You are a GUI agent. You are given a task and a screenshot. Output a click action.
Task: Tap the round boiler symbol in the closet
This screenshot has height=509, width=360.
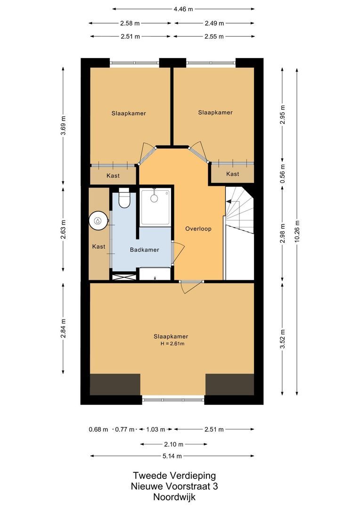pyautogui.click(x=98, y=221)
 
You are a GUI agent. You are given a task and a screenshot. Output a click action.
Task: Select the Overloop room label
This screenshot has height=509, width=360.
pyautogui.click(x=198, y=229)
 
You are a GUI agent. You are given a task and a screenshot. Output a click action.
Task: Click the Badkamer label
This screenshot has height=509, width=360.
pyautogui.click(x=145, y=250)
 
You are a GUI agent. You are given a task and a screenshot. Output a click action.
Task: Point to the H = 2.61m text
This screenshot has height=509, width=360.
pyautogui.click(x=172, y=344)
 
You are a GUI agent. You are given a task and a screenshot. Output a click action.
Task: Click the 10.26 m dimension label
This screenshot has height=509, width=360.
pyautogui.click(x=297, y=231)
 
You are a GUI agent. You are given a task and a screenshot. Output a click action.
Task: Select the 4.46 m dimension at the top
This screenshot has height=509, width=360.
pyautogui.click(x=183, y=9)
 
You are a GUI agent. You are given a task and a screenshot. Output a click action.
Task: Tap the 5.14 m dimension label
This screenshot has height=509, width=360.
pyautogui.click(x=172, y=456)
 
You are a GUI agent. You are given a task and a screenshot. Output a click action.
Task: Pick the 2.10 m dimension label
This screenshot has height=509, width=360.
pyautogui.click(x=173, y=444)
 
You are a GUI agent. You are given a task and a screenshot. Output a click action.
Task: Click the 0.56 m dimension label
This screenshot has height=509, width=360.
pyautogui.click(x=282, y=173)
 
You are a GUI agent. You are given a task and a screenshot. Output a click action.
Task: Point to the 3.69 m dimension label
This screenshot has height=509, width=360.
pyautogui.click(x=63, y=125)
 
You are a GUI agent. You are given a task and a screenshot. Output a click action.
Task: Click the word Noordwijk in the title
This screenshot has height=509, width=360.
pyautogui.click(x=174, y=497)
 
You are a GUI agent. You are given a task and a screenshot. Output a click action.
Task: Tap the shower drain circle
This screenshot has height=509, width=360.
pyautogui.click(x=154, y=198)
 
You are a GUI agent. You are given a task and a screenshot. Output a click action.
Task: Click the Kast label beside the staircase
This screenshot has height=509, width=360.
pyautogui.click(x=233, y=174)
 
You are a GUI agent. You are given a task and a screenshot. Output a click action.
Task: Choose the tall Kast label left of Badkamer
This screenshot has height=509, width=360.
pyautogui.click(x=98, y=246)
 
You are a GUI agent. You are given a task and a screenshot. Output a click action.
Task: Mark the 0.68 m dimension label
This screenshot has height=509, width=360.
pyautogui.click(x=98, y=429)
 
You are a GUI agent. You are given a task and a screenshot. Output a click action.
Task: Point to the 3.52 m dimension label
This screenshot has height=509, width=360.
pyautogui.click(x=282, y=339)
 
